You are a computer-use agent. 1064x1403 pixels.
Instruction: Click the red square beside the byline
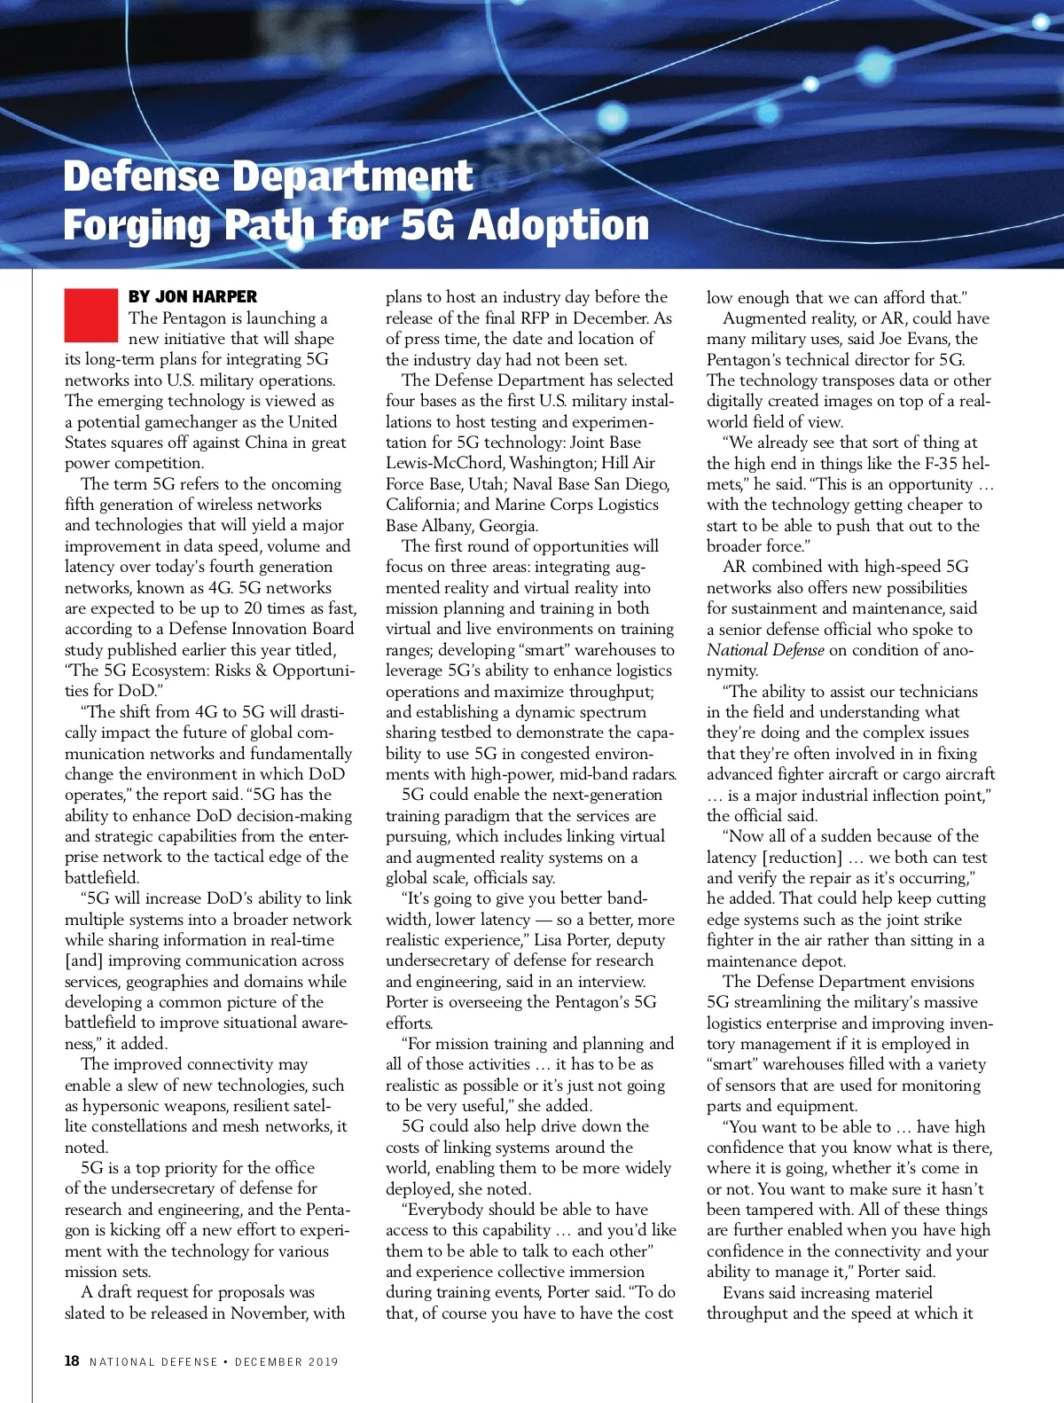(x=90, y=315)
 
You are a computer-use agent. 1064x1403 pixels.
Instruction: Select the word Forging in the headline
(x=137, y=225)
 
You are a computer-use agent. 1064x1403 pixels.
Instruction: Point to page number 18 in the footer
(x=72, y=1360)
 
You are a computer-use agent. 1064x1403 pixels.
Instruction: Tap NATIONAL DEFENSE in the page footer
(x=153, y=1361)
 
